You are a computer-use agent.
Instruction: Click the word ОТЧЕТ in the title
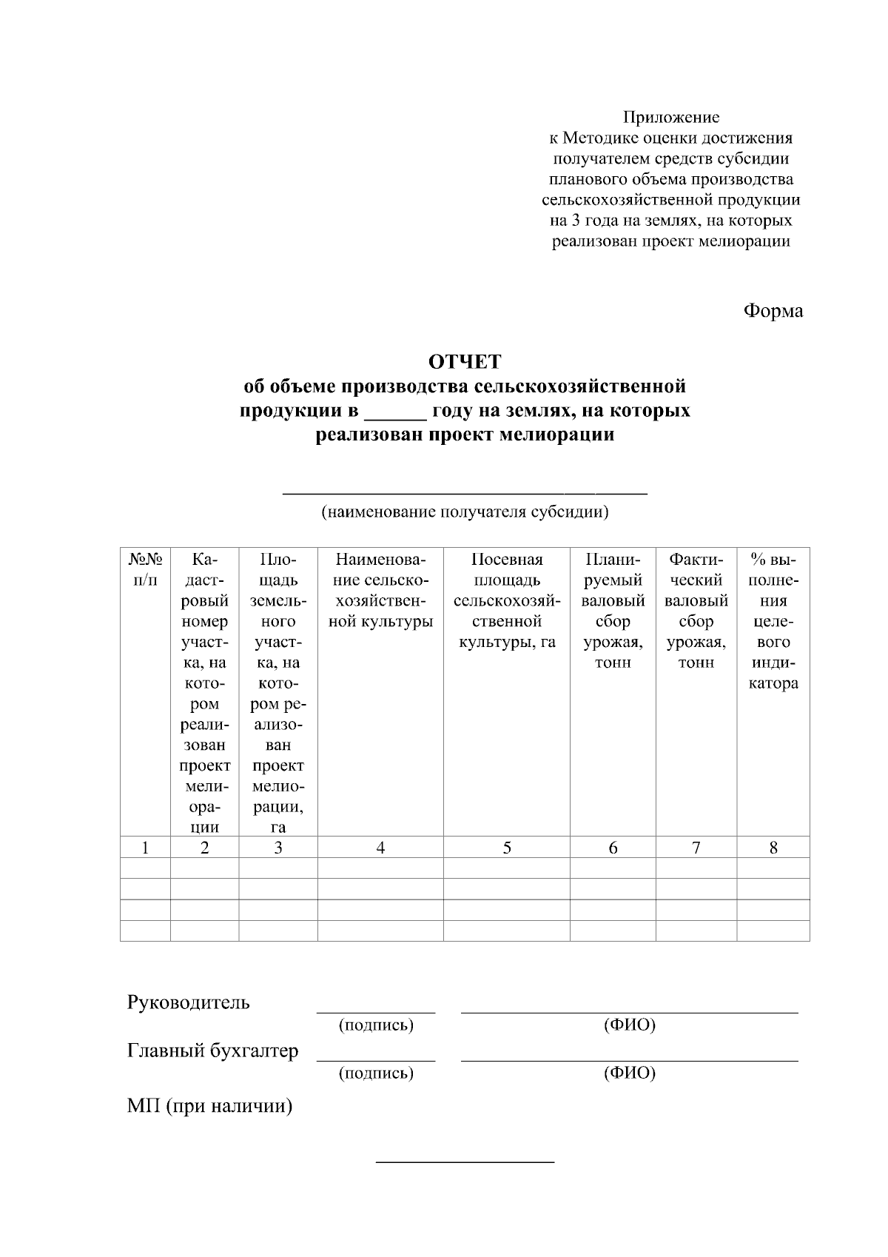[465, 362]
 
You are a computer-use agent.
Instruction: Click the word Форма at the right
[773, 311]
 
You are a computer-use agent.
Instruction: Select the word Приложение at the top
[670, 117]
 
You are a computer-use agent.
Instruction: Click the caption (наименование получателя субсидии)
[465, 512]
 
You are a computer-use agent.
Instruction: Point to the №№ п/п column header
[145, 569]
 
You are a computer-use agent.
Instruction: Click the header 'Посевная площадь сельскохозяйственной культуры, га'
[506, 600]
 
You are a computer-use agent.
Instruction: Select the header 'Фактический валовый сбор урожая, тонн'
[696, 611]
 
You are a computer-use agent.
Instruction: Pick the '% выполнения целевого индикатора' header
[773, 620]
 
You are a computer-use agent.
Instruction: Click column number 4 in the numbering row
[380, 848]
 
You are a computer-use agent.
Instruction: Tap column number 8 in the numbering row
[773, 848]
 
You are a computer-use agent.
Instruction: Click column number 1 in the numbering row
[145, 848]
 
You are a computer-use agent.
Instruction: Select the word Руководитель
[189, 1003]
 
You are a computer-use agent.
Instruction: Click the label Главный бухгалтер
[213, 1051]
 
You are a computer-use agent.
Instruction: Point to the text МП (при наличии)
[209, 1107]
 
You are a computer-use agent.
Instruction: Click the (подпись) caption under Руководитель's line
[376, 1025]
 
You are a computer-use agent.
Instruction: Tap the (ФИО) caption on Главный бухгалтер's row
[629, 1073]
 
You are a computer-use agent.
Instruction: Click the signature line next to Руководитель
[376, 1010]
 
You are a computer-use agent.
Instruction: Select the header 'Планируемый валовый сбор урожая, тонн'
[613, 611]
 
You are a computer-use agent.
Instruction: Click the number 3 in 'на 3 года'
[573, 221]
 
